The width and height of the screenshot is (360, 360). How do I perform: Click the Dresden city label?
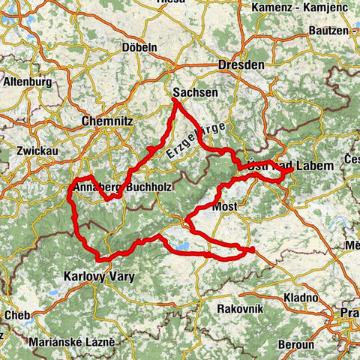pyautogui.click(x=241, y=65)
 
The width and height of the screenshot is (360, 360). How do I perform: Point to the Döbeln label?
pyautogui.click(x=139, y=47)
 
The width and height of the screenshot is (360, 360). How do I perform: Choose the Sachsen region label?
pyautogui.click(x=195, y=92)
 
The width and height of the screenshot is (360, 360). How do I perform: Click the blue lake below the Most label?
pyautogui.click(x=181, y=245)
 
